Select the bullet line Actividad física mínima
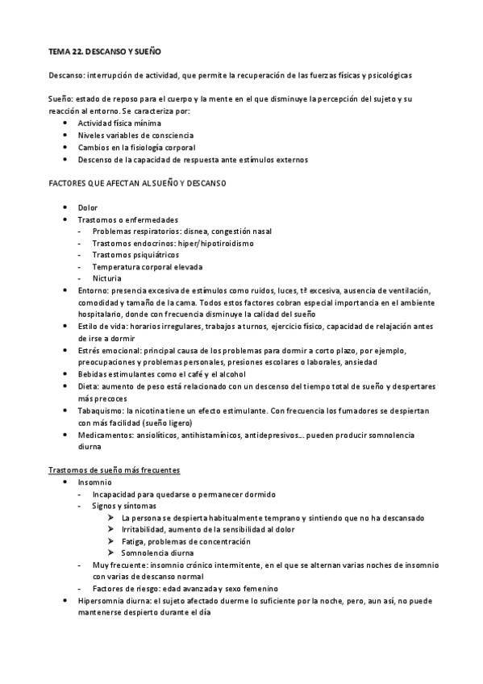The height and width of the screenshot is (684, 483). coord(119,123)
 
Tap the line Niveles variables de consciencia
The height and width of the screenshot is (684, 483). coord(135,135)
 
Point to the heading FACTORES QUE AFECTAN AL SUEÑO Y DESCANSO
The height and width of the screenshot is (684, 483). coord(138,183)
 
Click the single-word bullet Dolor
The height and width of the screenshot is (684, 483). coord(87,207)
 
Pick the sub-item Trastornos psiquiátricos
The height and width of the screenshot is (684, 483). coord(135,254)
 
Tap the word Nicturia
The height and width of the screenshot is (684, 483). coord(107,278)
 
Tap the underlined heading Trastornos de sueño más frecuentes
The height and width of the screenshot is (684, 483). coord(114,470)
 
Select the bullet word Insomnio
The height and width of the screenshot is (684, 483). coord(95,482)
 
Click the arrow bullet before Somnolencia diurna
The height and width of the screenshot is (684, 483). coord(111,553)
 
